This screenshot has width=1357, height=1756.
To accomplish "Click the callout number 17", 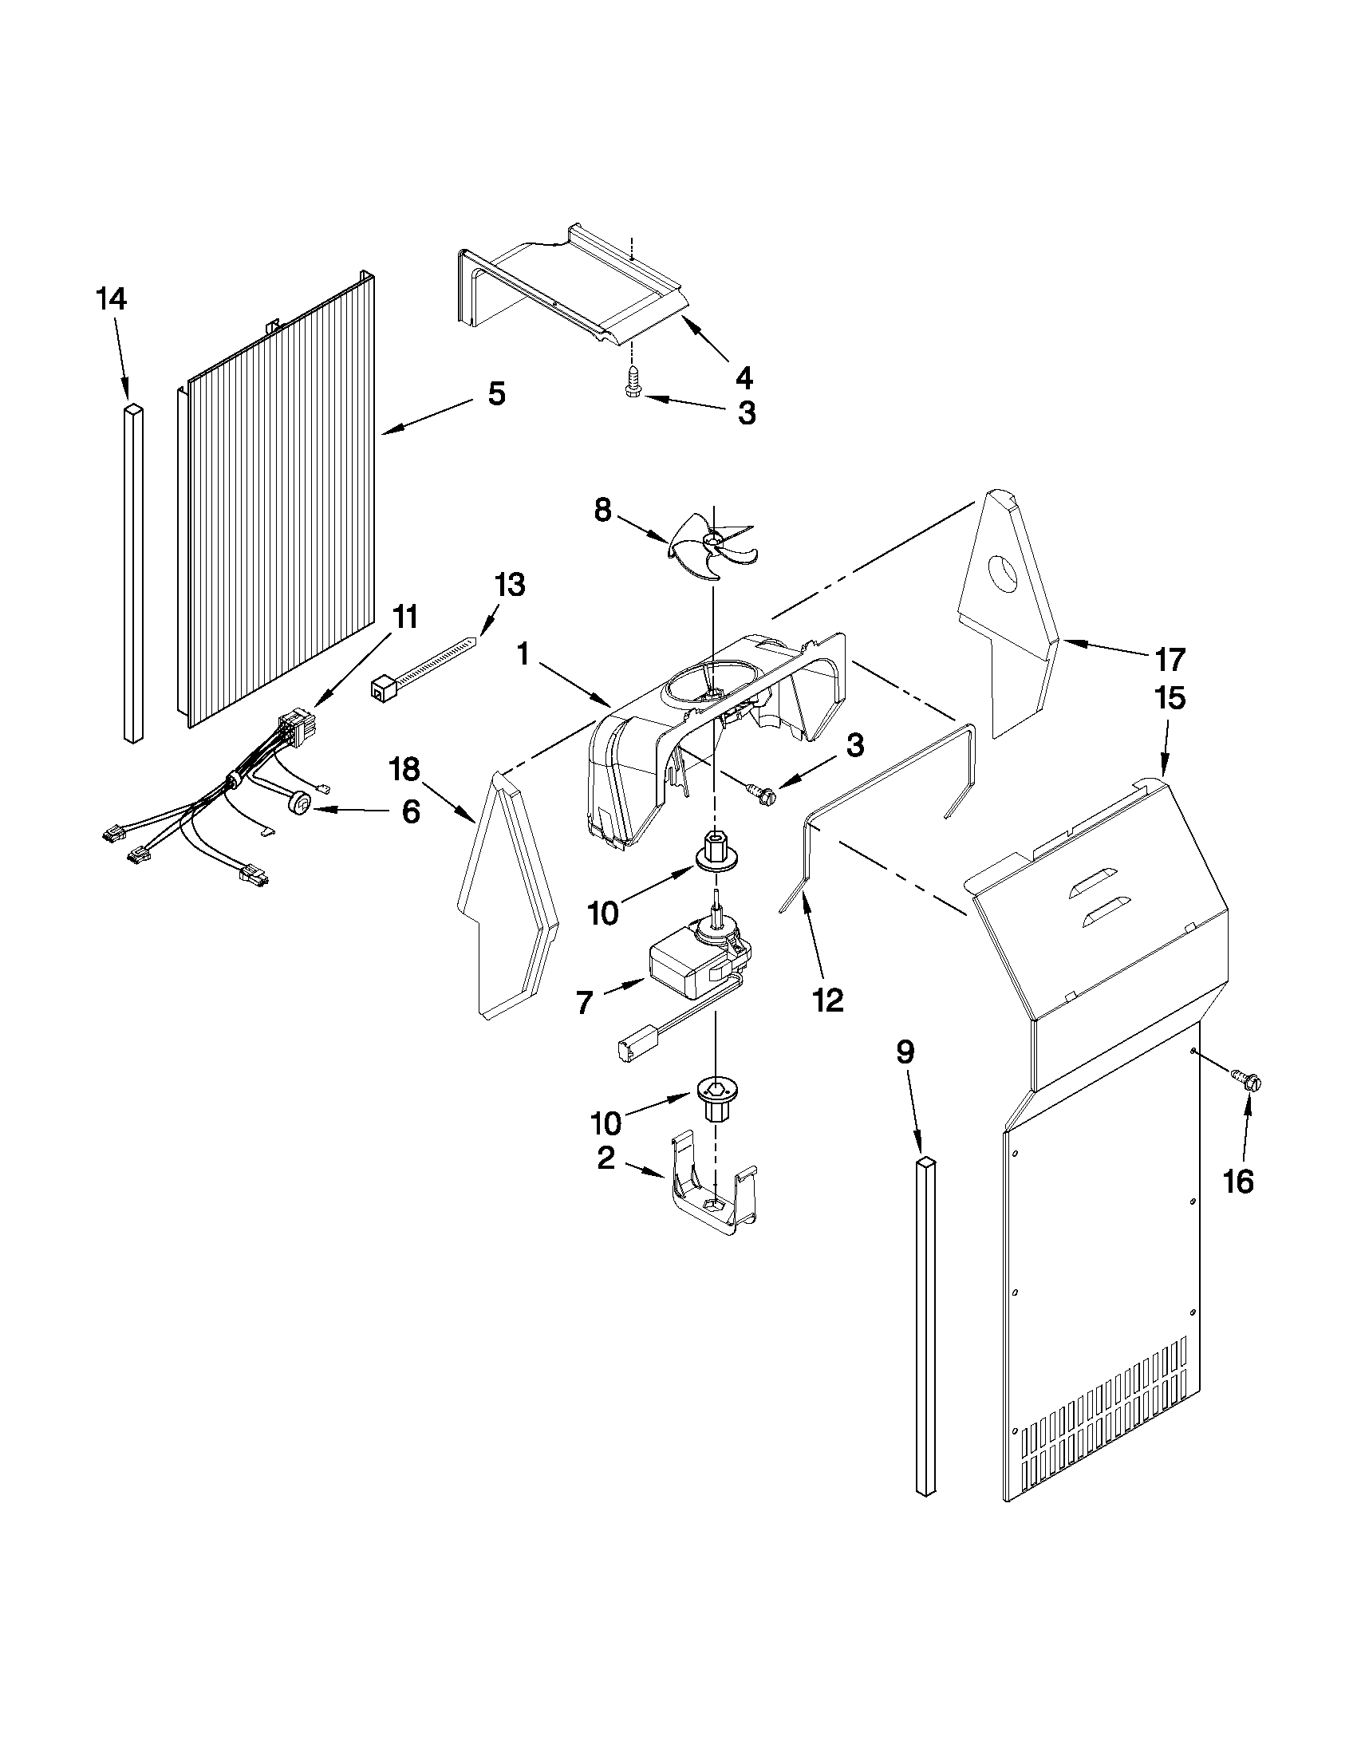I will click(1170, 659).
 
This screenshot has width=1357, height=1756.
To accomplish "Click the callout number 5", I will click(496, 394).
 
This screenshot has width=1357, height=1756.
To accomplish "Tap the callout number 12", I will click(828, 1000).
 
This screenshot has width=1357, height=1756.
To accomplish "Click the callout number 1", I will click(523, 655).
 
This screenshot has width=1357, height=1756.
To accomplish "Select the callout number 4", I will click(744, 377).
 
